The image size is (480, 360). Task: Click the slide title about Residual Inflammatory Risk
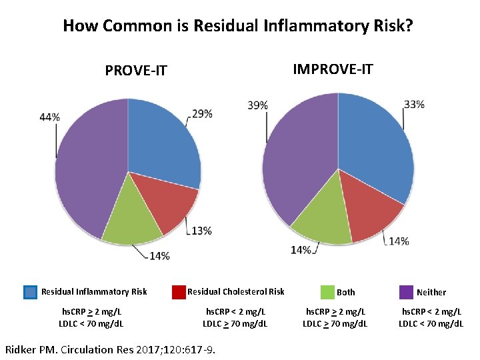click(237, 26)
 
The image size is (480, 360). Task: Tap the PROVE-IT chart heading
click(136, 70)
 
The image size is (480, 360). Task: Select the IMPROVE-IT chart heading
click(333, 69)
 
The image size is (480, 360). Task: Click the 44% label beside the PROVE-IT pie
click(49, 117)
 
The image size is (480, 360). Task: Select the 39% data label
click(258, 105)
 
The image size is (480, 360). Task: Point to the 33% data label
click(414, 105)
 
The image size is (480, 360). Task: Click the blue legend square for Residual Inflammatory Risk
click(30, 292)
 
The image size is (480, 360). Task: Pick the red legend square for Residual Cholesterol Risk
click(179, 292)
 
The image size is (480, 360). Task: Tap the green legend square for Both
click(327, 292)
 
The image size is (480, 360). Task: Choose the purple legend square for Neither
click(406, 292)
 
